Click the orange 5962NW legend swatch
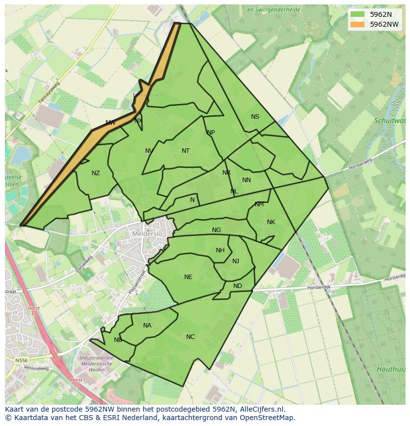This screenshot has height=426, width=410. (x=357, y=24)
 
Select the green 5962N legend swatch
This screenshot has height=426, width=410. (x=357, y=14)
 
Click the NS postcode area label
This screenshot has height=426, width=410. (x=255, y=117)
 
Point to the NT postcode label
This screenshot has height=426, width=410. (x=186, y=151)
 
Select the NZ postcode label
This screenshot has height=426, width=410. (x=96, y=173)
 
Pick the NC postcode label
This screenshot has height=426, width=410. (x=190, y=337)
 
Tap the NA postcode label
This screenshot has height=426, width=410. (x=147, y=326)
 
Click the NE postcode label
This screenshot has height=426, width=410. (x=188, y=277)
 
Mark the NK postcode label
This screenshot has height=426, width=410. (x=271, y=222)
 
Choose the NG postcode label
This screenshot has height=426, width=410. (x=216, y=230)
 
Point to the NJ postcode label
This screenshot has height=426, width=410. (x=236, y=261)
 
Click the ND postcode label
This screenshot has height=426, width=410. (x=238, y=286)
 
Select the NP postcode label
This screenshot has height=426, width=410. (x=211, y=133)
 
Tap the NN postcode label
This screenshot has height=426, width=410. (x=247, y=180)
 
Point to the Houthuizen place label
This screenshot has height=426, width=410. (x=391, y=369)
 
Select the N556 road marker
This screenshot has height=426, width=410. (x=21, y=361)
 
